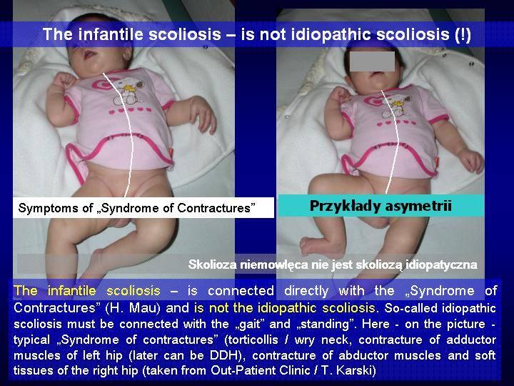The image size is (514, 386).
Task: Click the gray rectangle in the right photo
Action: (x=372, y=61)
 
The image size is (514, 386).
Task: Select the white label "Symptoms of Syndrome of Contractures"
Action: (x=143, y=208)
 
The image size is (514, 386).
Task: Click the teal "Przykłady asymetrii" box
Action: (x=381, y=206)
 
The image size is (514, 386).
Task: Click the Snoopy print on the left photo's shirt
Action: (x=128, y=91)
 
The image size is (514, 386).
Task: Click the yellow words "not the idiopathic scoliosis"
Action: (x=292, y=308)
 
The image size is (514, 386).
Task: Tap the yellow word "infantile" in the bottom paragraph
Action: (x=72, y=291)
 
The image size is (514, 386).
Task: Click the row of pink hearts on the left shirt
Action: (x=130, y=111)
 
